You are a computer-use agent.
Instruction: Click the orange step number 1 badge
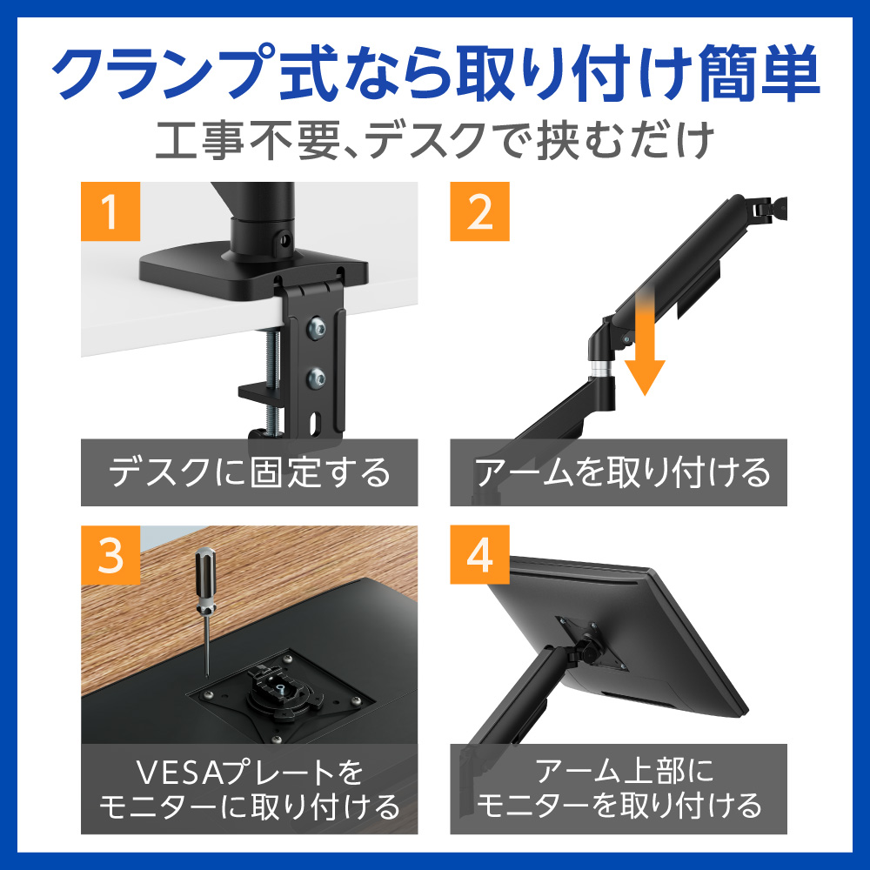click(110, 211)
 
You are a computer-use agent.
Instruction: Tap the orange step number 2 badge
click(479, 211)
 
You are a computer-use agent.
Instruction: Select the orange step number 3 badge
click(110, 555)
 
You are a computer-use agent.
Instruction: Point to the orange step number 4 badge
click(479, 555)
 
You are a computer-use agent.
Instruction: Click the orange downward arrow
click(645, 343)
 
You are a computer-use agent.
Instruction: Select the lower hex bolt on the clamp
click(317, 378)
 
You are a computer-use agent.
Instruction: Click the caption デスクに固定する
click(249, 472)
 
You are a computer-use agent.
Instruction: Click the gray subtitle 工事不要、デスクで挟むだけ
click(435, 140)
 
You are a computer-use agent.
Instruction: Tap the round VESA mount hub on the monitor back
click(278, 691)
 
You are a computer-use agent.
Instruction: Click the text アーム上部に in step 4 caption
click(623, 771)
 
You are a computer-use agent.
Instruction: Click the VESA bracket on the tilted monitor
click(592, 643)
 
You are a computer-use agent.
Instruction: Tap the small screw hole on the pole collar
click(285, 240)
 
